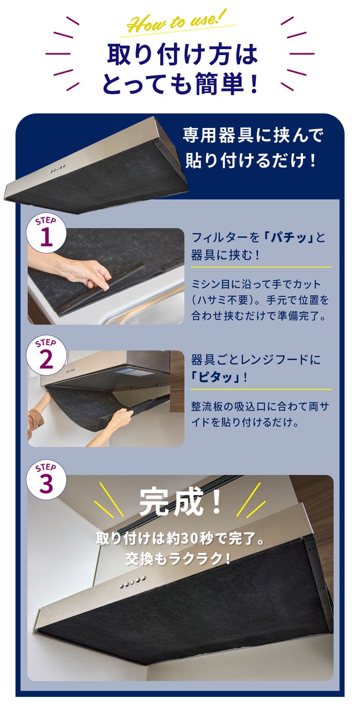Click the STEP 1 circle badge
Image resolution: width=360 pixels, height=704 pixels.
point(47,233)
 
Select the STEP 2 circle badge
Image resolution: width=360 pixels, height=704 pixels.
point(47,356)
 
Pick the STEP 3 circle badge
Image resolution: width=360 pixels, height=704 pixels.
point(47,479)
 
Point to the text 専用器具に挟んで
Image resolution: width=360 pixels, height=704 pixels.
point(253,136)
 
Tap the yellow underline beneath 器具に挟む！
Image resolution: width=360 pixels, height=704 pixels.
point(261,267)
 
